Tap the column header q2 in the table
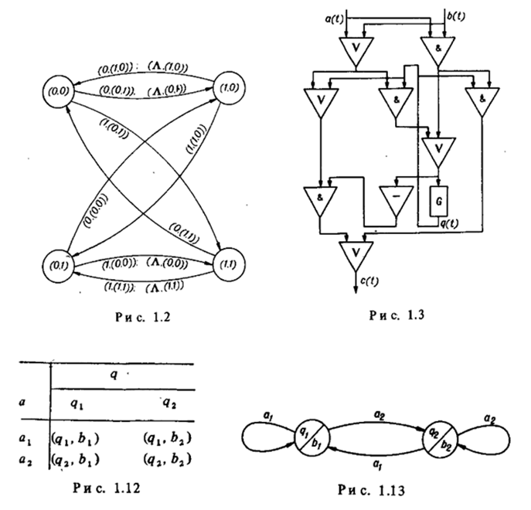[170, 401]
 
